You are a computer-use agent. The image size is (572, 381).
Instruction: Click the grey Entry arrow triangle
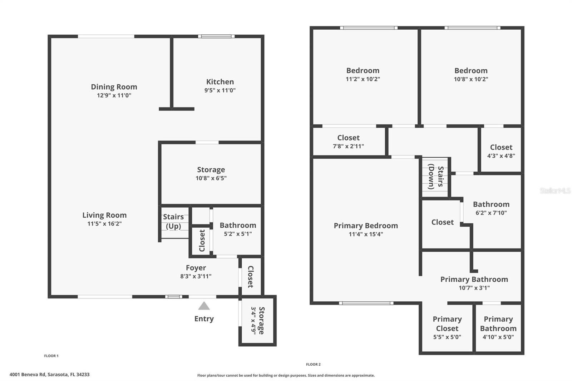coord(204,306)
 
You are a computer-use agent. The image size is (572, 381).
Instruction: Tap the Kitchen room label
coord(220,82)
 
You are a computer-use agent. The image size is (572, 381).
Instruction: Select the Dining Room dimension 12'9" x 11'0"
coord(114,95)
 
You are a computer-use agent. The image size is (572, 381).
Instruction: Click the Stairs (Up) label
coord(173,221)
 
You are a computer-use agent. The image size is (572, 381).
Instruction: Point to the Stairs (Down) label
coord(436,177)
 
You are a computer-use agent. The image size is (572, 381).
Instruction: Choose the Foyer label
coord(196,268)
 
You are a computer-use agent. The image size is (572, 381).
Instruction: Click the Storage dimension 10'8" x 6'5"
coord(211,178)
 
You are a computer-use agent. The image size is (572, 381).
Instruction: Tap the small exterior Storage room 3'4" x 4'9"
coord(257,320)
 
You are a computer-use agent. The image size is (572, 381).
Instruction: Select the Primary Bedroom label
coord(366,226)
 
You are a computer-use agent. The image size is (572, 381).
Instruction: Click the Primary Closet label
coord(447,323)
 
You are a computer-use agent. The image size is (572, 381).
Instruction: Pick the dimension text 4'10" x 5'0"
coord(498,337)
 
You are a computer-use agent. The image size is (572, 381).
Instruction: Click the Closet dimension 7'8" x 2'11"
coord(348,146)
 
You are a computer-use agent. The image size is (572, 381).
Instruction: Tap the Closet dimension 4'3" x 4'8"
coord(501,156)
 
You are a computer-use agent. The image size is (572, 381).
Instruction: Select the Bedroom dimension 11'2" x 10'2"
coord(363,79)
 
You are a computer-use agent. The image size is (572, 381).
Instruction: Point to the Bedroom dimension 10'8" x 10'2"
coord(471,79)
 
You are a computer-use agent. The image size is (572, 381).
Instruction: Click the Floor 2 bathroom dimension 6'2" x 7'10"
coord(491,213)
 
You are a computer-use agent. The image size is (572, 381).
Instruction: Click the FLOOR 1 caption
coord(51,356)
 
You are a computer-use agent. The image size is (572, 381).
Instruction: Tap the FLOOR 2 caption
coord(313,365)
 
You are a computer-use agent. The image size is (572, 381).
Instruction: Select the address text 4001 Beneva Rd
coord(49,375)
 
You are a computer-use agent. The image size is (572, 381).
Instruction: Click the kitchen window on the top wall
coord(216,36)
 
